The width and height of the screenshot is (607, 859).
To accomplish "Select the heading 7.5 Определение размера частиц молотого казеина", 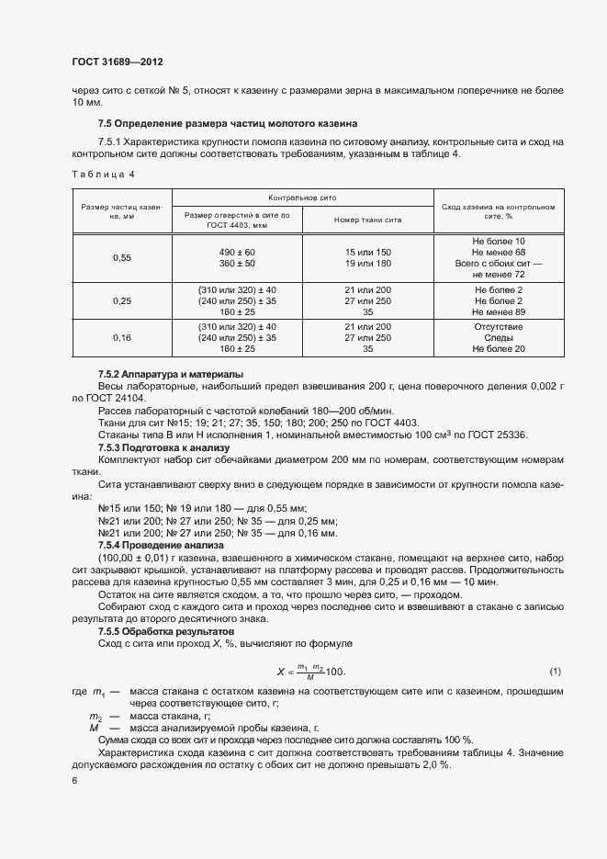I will [228, 123].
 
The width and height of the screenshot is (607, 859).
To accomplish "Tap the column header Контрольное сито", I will [302, 197].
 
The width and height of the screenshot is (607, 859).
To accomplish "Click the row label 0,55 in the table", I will [122, 258].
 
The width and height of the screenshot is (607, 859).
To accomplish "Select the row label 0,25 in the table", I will [122, 300].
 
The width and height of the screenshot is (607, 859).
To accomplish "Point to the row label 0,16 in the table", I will [122, 337].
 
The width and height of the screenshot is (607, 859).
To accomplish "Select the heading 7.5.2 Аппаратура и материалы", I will [171, 375].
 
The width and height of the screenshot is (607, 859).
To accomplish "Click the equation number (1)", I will [555, 671].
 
